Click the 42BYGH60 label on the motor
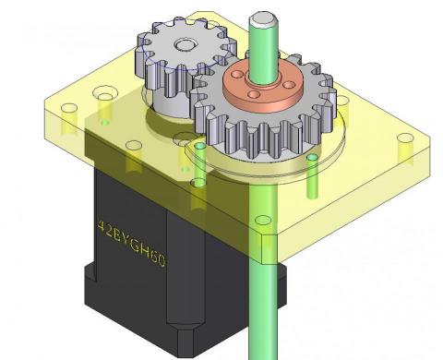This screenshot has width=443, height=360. [x=132, y=243]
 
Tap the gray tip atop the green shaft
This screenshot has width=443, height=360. [x=263, y=19]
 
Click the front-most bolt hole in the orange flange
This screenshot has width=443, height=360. [x=254, y=94]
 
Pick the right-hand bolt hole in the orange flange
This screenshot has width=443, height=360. [x=289, y=84]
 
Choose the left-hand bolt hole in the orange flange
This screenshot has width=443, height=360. [x=237, y=75]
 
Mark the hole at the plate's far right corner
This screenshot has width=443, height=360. [x=405, y=138]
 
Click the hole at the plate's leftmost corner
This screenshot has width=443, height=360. [x=69, y=108]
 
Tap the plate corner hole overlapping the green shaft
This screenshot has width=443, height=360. [x=263, y=220]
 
